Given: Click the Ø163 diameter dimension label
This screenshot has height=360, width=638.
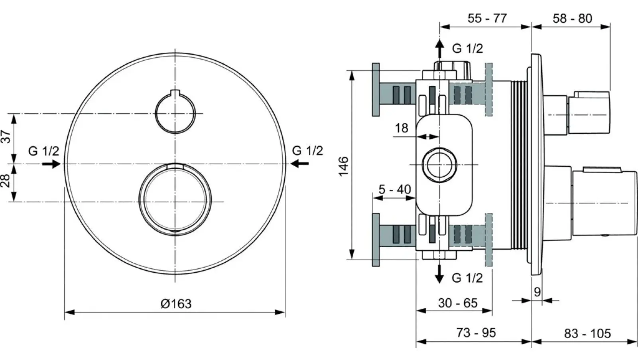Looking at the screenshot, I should point(176,304).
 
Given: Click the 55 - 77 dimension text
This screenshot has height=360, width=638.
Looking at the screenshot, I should point(487,18).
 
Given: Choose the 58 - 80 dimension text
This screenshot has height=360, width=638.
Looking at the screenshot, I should point(573,18).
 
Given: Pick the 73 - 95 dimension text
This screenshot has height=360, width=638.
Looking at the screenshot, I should point(476,332).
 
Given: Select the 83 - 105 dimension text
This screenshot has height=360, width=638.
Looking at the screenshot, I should point(587,333).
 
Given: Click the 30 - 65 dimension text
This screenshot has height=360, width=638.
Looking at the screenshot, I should point(458,303).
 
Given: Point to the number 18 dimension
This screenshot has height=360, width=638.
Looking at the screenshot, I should point(402,128).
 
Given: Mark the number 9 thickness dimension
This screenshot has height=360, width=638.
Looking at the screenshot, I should point(537,292).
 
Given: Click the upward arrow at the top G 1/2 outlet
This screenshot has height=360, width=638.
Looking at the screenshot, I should point(439,48).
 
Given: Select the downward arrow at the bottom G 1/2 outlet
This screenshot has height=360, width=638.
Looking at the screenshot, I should point(439,274).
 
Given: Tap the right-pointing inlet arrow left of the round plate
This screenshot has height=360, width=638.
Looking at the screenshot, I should point(51,164).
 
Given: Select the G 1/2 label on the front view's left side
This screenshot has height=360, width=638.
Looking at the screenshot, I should point(43,151).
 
